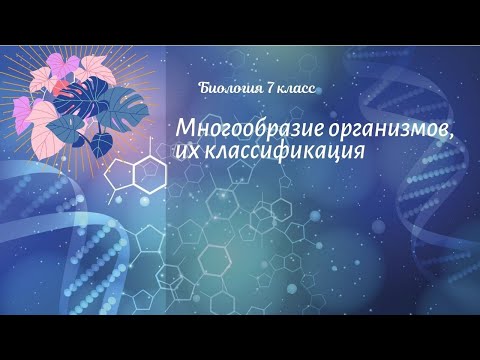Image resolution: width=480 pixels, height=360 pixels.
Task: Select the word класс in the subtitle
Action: tap(293, 89)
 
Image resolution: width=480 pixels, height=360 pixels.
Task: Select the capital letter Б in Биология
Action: tap(205, 89)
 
